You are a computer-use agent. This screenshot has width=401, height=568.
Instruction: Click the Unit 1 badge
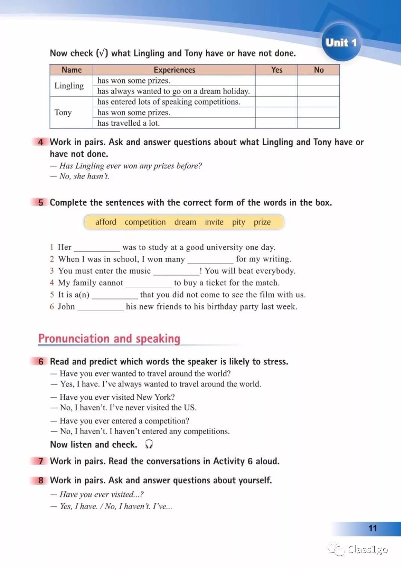[341, 42]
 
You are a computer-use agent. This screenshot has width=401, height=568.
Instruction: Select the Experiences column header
[174, 70]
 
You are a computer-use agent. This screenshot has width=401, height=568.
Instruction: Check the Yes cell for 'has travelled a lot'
[276, 123]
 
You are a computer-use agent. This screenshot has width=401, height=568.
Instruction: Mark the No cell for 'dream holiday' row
[319, 91]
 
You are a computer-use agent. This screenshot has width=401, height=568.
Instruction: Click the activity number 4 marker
[41, 142]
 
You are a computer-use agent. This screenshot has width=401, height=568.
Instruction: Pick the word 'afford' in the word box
[106, 222]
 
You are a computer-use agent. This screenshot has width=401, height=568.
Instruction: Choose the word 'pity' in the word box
[238, 222]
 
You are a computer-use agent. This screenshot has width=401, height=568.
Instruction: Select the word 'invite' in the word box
[214, 222]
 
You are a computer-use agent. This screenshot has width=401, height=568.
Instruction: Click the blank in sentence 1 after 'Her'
[97, 248]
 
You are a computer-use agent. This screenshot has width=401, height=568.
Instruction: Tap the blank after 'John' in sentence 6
[100, 308]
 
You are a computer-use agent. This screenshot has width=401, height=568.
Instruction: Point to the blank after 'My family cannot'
[148, 283]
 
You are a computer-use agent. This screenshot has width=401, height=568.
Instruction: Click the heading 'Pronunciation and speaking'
[109, 338]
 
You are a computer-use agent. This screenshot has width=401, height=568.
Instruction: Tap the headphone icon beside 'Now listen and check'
[149, 445]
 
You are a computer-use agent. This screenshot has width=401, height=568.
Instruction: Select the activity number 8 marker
[41, 480]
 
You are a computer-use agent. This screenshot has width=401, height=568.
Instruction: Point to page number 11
[372, 528]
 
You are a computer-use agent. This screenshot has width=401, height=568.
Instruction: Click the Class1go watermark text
[367, 550]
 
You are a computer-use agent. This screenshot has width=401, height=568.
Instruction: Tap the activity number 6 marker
[41, 362]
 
